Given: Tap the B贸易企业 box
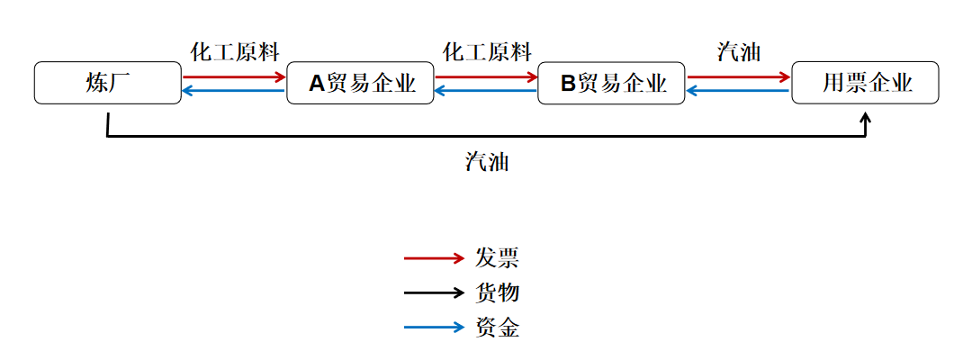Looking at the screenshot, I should [x=611, y=83].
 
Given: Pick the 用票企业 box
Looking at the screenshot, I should [x=865, y=83].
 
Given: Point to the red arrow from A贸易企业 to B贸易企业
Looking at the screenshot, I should [x=486, y=77].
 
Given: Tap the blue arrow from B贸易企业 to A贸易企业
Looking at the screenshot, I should [x=486, y=90].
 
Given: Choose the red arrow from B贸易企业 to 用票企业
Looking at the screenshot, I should [x=738, y=77].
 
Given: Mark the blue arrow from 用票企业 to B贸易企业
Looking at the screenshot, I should [x=738, y=90].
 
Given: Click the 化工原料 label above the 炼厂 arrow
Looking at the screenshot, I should [x=235, y=52].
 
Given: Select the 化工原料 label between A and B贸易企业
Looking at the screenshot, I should [x=487, y=52].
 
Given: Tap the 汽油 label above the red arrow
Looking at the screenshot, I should [x=739, y=52].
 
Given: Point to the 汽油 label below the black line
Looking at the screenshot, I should [x=487, y=162].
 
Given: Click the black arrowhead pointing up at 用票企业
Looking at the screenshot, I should [x=866, y=118].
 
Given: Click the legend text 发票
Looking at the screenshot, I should [x=498, y=259].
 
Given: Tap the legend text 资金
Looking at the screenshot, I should [x=498, y=327].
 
